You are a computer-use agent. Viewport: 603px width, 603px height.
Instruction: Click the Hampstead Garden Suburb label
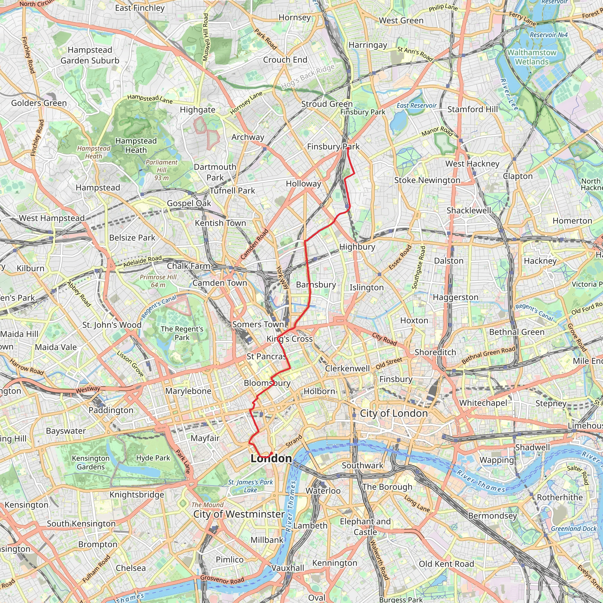90,55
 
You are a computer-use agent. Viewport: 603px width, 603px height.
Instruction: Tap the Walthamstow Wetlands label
532,57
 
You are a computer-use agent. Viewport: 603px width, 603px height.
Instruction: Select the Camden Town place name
220,283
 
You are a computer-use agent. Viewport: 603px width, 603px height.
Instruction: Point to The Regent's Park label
182,333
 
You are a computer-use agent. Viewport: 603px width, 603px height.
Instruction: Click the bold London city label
271,458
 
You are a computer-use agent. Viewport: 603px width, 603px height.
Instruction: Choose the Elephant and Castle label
365,526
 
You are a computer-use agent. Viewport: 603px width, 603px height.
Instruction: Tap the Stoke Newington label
427,180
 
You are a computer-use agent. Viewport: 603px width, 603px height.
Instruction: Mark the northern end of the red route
348,149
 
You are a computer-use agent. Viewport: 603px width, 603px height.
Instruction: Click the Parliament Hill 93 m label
161,170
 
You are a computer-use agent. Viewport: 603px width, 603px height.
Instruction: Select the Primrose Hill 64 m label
158,281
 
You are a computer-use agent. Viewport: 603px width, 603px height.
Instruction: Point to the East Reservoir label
417,106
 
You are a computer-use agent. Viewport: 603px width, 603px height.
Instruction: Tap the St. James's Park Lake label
250,486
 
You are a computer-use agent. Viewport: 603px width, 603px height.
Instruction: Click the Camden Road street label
254,244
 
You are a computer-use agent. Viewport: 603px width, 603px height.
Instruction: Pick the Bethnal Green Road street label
488,355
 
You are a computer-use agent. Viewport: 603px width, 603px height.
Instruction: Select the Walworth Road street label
379,560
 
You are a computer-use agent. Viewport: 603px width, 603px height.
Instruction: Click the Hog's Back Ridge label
308,76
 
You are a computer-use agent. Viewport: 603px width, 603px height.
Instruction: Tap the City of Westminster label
239,514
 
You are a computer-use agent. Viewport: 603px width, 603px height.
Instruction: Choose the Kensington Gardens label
91,463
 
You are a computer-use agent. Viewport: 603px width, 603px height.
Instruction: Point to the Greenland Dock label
574,529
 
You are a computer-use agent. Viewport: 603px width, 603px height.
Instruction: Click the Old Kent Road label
446,564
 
